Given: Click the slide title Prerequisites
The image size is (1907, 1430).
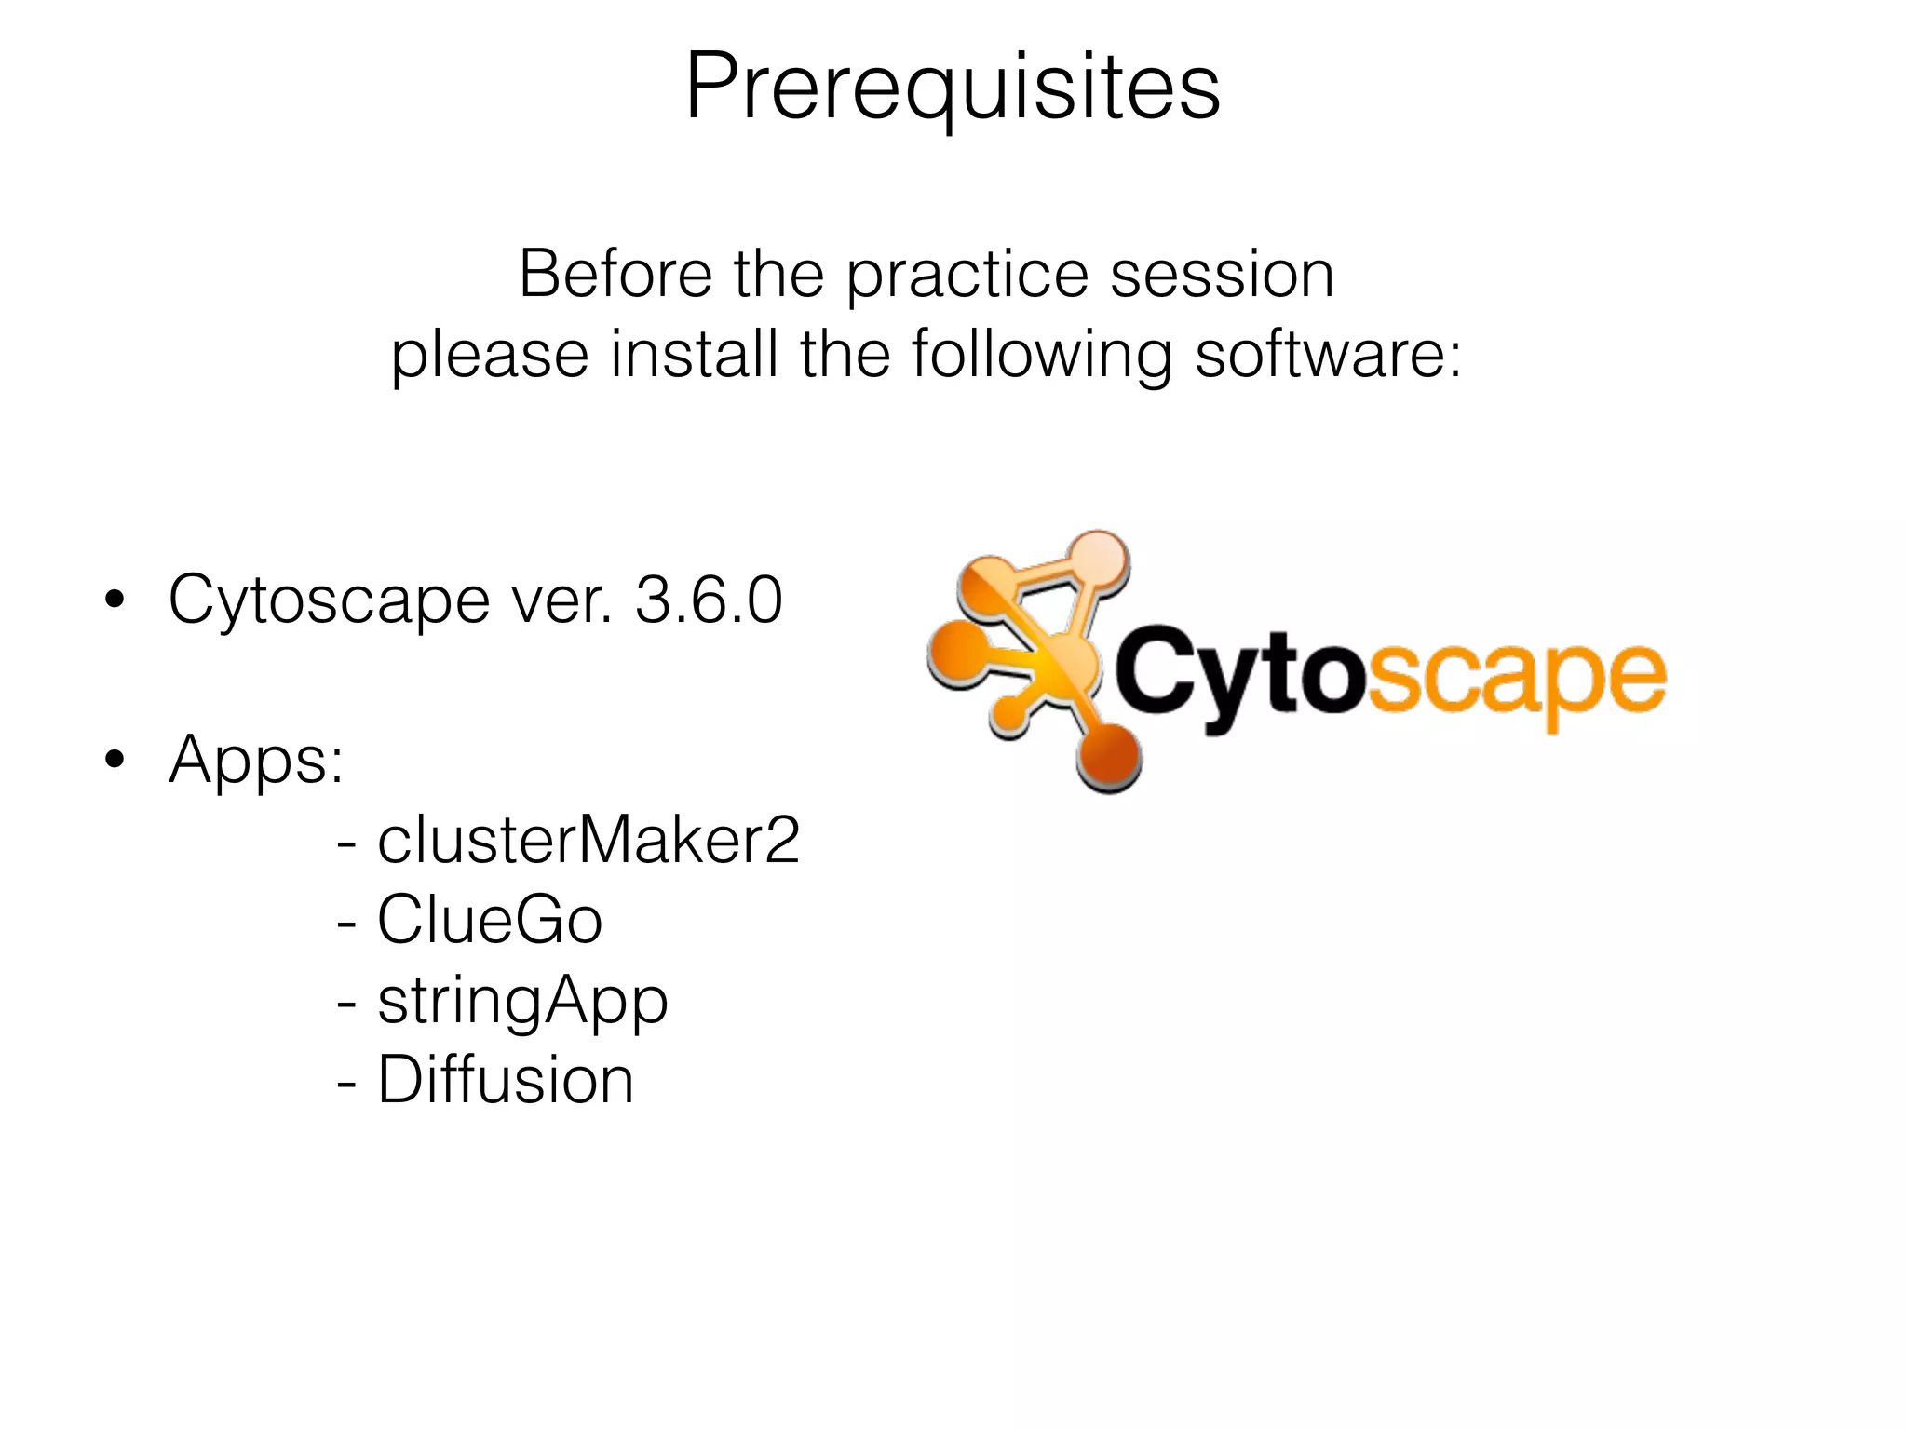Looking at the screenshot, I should point(952,88).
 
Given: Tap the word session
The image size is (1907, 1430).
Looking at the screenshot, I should point(1222,275).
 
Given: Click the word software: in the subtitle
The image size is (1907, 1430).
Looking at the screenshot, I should point(1328,355).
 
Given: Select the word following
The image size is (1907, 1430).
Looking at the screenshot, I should point(1041,357).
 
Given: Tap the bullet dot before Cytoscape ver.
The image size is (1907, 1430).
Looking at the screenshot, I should point(115,600).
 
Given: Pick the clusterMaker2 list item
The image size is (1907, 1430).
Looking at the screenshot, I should point(587,841).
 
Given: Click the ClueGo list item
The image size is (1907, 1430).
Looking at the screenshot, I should point(489,921).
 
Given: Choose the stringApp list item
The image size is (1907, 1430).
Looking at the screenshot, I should point(521,1002).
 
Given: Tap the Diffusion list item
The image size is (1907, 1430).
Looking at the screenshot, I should point(505,1081).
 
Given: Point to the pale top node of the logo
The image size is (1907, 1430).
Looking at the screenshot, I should point(1098,560).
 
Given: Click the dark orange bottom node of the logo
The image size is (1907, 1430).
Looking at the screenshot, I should point(1109,758).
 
